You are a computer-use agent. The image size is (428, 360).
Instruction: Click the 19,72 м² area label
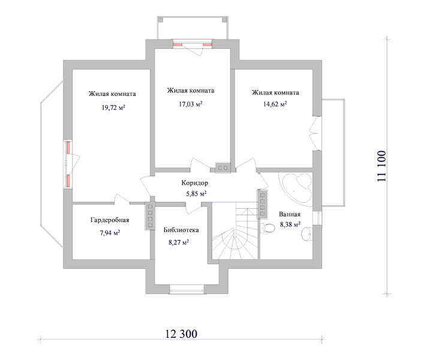113,107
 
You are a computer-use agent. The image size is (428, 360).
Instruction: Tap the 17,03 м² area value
191,104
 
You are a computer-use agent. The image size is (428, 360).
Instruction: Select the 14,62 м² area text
275,104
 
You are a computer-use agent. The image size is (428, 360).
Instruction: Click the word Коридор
195,183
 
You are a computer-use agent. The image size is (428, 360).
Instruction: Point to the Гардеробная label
110,220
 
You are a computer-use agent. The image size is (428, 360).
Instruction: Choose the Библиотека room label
181,230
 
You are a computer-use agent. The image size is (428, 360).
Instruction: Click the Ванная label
290,214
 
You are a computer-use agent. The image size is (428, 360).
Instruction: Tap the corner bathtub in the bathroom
296,189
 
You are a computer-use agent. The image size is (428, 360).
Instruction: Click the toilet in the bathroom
267,228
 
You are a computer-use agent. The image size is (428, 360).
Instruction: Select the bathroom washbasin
307,234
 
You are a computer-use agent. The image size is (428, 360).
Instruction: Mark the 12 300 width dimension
181,334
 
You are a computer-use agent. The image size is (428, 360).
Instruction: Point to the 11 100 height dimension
382,166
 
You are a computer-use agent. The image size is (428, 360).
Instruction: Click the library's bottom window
187,289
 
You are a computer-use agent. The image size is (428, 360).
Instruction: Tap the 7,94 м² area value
110,233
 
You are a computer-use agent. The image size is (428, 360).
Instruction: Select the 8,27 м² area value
179,242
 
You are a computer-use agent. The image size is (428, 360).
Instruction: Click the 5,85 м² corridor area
196,194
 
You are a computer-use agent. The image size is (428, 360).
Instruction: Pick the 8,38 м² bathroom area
290,224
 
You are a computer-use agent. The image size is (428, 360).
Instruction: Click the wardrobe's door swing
122,199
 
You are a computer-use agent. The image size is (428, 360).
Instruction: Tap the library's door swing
193,208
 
